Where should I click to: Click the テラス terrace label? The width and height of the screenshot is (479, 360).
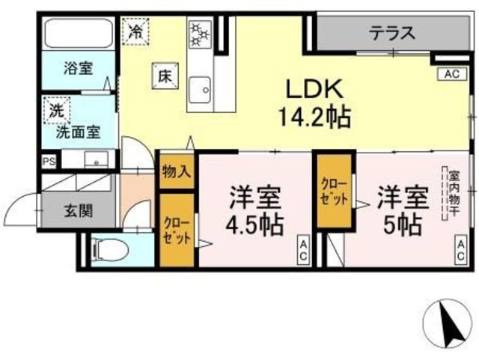(x=391, y=33)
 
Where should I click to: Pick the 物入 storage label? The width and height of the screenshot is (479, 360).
(x=177, y=171)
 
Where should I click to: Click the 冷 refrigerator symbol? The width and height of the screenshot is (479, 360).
(x=135, y=32)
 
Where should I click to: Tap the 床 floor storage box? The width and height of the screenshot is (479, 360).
(x=164, y=75)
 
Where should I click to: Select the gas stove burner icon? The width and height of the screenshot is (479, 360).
(x=200, y=34)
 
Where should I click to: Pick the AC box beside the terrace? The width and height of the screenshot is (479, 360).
(x=451, y=74)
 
